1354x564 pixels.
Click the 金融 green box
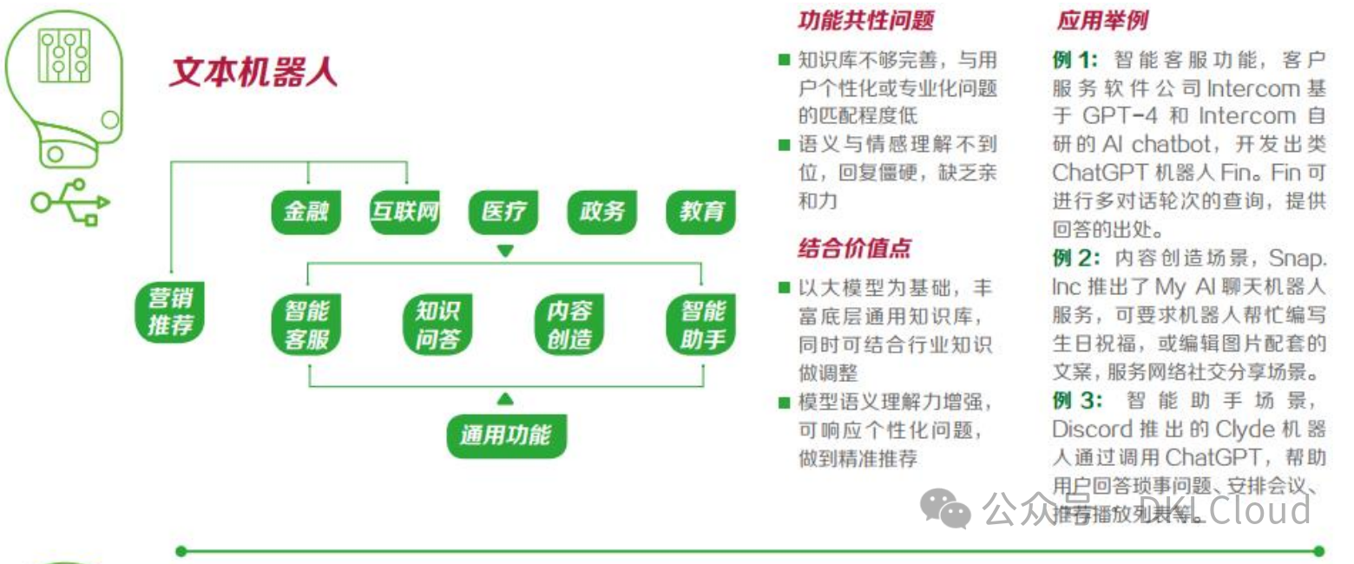click(x=306, y=212)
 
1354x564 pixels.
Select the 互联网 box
click(x=404, y=212)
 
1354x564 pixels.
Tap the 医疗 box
click(x=503, y=212)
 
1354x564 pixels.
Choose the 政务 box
click(x=602, y=212)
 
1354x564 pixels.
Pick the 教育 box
click(x=701, y=212)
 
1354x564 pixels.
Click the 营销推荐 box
click(x=171, y=312)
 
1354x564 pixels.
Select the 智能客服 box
click(x=306, y=325)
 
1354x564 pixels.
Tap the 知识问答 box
click(x=437, y=325)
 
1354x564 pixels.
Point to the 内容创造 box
click(x=569, y=325)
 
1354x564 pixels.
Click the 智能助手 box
click(x=701, y=325)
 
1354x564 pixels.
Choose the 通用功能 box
click(x=505, y=434)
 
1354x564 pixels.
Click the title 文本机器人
click(x=253, y=73)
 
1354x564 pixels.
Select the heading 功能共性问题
click(x=865, y=21)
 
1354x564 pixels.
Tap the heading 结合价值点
click(x=854, y=249)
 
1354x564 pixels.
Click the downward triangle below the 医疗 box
click(x=505, y=251)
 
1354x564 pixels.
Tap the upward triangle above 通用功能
click(x=505, y=399)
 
